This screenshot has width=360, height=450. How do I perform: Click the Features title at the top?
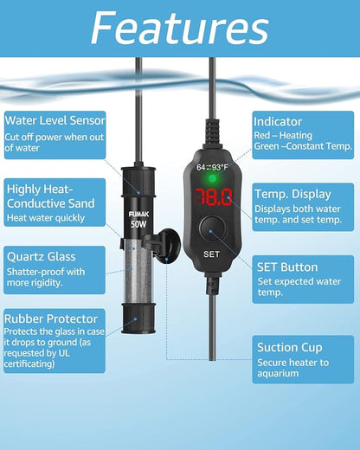179,29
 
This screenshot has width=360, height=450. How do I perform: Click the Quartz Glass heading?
41,256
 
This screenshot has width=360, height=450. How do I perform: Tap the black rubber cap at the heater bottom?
138,332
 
